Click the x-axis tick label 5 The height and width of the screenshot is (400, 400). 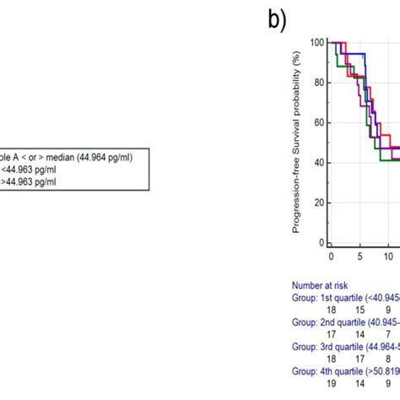[359, 256]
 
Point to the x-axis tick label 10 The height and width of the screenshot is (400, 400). [387, 256]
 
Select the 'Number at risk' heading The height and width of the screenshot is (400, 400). [321, 286]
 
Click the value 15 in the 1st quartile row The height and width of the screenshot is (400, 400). [359, 311]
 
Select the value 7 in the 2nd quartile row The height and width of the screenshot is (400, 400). [388, 334]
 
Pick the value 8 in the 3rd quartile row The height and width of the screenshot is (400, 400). [388, 358]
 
